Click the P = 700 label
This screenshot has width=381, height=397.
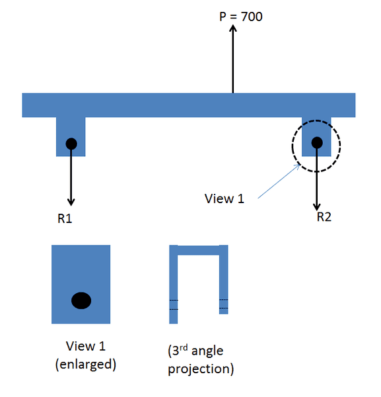click(241, 16)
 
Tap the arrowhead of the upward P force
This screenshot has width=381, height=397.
click(232, 30)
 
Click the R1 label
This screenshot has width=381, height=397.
click(64, 219)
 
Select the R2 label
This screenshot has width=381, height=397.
click(324, 217)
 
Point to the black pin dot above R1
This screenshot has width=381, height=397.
click(71, 143)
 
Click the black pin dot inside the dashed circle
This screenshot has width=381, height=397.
click(317, 142)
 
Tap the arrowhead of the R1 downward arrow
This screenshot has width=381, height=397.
click(71, 201)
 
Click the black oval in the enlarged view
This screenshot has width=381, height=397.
click(81, 300)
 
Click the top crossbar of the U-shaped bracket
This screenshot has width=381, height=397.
click(199, 250)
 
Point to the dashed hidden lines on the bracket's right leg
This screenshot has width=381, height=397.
click(224, 304)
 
